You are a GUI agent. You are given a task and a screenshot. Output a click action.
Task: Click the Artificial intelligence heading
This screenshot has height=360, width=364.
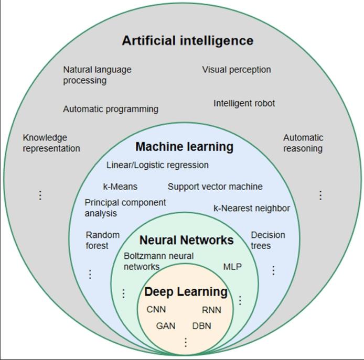187,40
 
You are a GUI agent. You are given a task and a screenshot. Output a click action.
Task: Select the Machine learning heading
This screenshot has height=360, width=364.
184,147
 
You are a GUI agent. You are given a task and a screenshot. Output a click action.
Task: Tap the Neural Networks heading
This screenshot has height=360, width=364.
186,240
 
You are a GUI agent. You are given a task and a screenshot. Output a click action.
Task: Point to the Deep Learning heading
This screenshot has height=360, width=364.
186,292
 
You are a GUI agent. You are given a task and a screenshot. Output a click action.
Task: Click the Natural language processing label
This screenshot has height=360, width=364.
97,75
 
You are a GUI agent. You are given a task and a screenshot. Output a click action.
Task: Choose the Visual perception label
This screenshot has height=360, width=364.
236,70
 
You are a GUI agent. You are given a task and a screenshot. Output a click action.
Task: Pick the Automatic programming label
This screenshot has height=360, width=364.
111,109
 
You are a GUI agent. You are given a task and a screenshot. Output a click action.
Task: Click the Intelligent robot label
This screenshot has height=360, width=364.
244,103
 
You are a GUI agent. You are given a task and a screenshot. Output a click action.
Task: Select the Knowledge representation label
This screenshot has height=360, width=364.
51,143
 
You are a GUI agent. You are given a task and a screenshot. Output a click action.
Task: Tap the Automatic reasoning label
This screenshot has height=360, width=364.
303,143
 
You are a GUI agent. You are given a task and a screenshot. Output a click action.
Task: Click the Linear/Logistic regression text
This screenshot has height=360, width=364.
157,165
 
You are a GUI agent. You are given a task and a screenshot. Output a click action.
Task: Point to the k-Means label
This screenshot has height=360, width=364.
120,187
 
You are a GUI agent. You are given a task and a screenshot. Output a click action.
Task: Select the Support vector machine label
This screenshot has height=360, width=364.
215,187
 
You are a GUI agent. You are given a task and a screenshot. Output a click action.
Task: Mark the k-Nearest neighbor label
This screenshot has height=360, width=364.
251,208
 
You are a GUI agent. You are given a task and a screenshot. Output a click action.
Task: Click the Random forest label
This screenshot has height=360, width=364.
103,240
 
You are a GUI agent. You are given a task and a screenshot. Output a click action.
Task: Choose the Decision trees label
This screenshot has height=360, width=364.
267,240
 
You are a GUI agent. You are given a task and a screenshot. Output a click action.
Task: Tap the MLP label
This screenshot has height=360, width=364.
232,267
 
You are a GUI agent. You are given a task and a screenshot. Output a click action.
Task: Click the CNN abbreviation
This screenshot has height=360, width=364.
156,309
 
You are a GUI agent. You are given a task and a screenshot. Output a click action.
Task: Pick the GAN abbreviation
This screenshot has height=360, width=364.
166,326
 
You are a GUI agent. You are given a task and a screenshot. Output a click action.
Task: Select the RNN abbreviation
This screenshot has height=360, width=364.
211,310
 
